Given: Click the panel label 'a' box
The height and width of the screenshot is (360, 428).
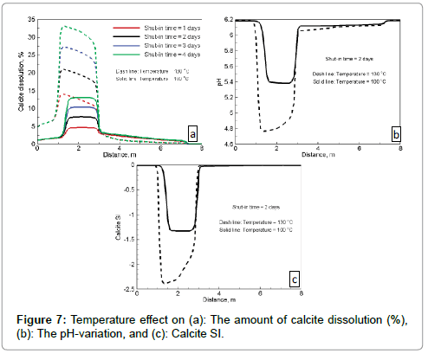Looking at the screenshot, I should click(x=193, y=132).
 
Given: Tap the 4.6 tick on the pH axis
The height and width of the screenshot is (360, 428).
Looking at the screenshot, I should click(x=228, y=144).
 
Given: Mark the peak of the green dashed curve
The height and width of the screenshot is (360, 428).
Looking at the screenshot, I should click(x=62, y=26).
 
